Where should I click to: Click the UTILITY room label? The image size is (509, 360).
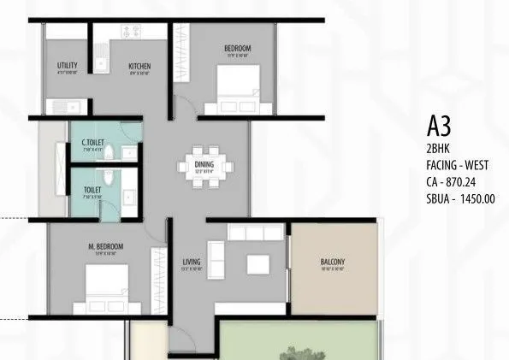[68, 66]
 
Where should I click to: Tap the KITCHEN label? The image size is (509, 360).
[140, 66]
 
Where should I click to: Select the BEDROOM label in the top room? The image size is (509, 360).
[237, 48]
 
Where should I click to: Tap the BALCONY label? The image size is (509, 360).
[333, 263]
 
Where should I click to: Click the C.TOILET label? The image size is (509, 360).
[93, 142]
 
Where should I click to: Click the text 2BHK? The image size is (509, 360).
[439, 148]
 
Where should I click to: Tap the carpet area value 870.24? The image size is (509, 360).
[471, 182]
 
